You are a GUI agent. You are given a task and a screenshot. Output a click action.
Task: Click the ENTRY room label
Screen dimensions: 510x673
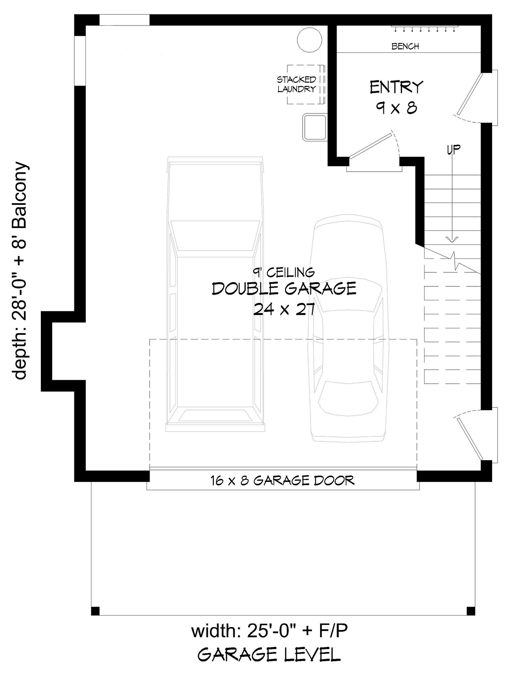(396, 87)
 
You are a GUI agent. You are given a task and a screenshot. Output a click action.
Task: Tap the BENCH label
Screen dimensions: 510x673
(405, 46)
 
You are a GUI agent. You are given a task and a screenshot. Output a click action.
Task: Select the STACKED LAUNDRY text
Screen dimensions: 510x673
(296, 84)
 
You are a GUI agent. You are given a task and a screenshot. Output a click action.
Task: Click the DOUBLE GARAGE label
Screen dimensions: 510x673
(284, 288)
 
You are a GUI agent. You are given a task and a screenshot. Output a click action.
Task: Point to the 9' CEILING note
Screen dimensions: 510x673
(283, 272)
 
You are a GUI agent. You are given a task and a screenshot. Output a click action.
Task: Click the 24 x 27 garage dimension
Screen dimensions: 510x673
(284, 310)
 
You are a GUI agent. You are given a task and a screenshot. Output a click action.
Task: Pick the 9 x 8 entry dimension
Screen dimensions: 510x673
(397, 108)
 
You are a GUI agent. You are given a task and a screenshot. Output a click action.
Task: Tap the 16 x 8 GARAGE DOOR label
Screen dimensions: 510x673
(282, 481)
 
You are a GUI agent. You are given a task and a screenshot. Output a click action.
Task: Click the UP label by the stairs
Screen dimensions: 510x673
(453, 149)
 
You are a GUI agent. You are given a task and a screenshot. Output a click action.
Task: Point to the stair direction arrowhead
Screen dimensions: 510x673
(452, 239)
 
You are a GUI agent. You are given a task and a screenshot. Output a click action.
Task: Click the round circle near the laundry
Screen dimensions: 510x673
(309, 40)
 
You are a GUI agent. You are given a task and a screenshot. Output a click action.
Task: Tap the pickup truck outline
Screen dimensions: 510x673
(215, 294)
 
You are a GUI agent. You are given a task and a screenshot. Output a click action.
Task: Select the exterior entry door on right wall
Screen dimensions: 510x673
(476, 97)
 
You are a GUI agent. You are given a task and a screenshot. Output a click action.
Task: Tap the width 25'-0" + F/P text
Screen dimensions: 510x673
(269, 631)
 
